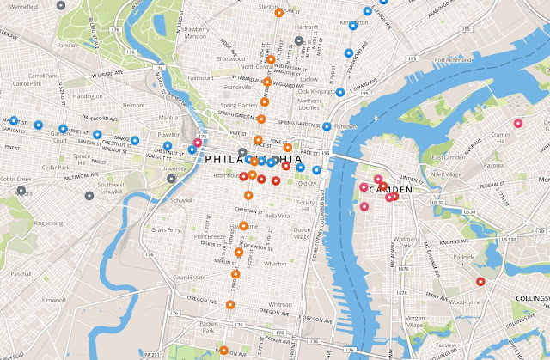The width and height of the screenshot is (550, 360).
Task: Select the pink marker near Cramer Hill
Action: (x=517, y=124)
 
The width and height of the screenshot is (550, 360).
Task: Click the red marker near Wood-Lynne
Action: (x=480, y=281)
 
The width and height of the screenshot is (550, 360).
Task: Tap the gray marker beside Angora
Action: (x=19, y=192)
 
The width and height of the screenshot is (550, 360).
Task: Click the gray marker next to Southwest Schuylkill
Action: (x=89, y=195)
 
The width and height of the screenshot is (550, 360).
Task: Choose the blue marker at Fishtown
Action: (x=327, y=127)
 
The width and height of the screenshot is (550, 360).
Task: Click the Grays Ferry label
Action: (x=164, y=230)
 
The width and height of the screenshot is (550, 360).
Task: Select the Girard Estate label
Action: (x=192, y=278)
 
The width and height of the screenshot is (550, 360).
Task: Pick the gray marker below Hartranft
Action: (x=298, y=40)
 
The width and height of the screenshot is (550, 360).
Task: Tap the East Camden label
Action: (x=448, y=157)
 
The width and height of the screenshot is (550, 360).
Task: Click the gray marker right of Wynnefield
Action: (x=58, y=4)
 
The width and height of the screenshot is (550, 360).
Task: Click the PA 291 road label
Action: (x=152, y=353)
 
